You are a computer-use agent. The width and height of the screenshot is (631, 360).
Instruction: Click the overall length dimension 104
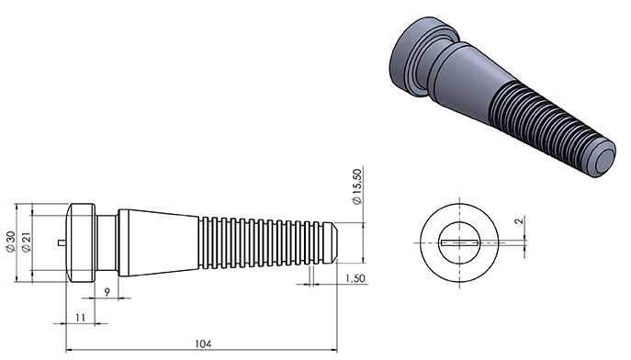point(203,343)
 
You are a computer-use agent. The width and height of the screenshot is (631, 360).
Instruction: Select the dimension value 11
point(81,318)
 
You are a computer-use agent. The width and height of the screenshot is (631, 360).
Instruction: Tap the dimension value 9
point(107,292)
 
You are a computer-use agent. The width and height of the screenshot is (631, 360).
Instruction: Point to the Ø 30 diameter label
point(10,242)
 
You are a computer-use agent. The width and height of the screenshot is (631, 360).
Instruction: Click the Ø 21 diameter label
point(27,242)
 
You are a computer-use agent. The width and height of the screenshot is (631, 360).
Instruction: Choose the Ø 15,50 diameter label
point(357,186)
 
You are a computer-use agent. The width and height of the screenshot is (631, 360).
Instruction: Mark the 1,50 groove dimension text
point(355,278)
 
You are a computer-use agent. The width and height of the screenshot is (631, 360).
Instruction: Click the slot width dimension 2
point(520,220)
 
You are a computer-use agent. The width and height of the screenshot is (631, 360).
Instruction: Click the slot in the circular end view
point(459,243)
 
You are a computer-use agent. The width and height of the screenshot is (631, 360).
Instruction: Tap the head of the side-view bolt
point(81,242)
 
